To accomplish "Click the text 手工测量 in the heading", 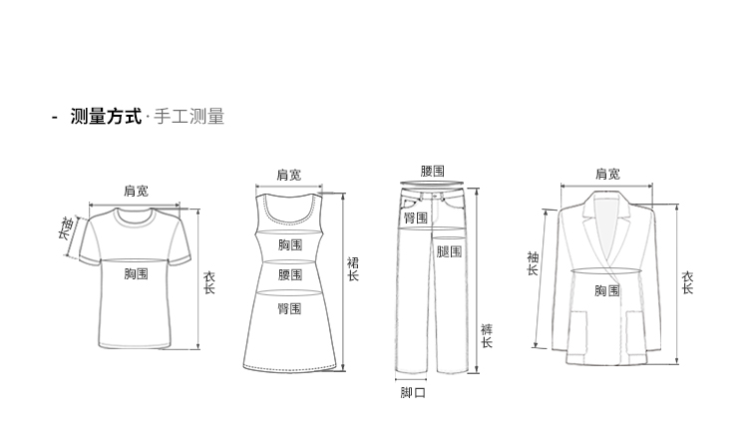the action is (x=188, y=118).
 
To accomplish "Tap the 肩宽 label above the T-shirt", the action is (x=136, y=191).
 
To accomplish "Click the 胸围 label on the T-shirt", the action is (x=136, y=272).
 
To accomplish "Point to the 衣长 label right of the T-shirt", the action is (x=209, y=282).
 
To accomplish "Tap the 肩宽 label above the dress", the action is (x=288, y=176).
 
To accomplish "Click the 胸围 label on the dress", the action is (x=290, y=245).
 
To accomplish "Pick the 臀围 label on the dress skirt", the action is (x=290, y=308).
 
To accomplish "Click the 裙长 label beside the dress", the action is (x=352, y=269).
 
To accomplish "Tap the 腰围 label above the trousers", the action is (x=433, y=172).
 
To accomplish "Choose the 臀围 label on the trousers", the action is (x=415, y=218).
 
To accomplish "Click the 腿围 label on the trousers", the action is (x=449, y=251).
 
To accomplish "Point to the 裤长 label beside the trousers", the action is (x=487, y=335).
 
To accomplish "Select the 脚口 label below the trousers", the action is (x=412, y=393).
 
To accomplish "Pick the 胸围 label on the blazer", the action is (x=606, y=290).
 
